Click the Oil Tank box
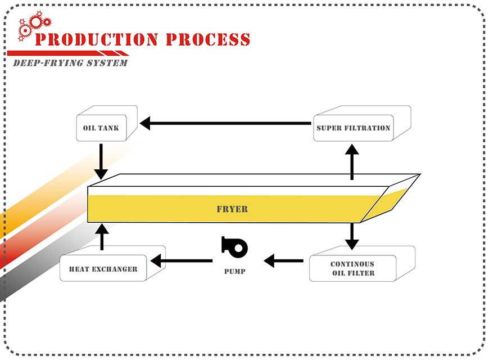pos(101,128)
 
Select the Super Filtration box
pos(353,128)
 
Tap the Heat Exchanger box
pos(103,269)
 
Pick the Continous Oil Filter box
pos(352,268)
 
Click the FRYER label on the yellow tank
pos(232,209)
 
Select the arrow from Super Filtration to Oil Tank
pos(225,123)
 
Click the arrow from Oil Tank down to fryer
pos(101,161)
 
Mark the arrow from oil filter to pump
pos(283,260)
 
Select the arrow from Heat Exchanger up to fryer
pos(102,236)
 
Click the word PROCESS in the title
pos(207,39)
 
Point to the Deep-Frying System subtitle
pos(70,62)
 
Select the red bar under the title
pos(67,53)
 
